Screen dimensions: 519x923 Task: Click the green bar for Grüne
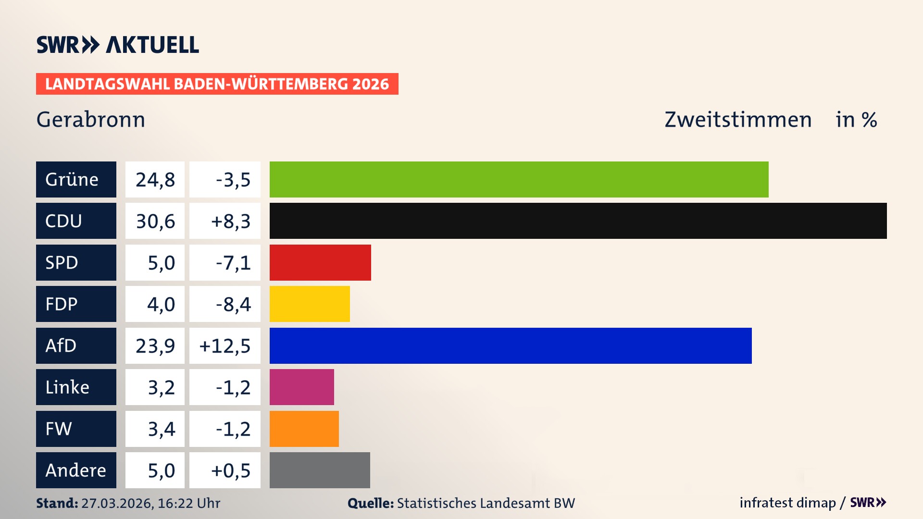pos(519,179)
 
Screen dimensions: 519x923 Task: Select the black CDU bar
pos(578,221)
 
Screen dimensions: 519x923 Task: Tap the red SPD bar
pos(320,262)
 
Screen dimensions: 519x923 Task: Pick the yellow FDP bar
pos(310,304)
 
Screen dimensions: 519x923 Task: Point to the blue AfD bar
pos(511,346)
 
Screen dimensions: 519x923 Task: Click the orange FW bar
pos(304,429)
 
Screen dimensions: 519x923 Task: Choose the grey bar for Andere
pos(320,470)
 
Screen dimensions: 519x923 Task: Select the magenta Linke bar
pos(301,387)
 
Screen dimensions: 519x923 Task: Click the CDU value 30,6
pos(155,221)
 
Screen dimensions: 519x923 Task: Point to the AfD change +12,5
pos(225,346)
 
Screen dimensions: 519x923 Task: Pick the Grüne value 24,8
pos(155,180)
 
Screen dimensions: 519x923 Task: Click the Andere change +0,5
pos(230,470)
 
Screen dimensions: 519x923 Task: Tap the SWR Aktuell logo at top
pos(117,45)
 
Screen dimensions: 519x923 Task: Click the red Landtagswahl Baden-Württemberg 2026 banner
pos(217,84)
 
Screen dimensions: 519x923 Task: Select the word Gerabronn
pos(90,120)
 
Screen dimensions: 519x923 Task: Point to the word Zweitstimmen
pos(738,120)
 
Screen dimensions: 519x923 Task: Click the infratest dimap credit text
pos(787,503)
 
